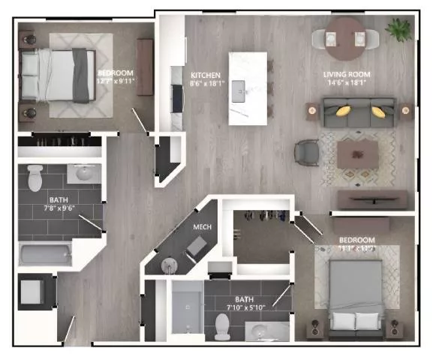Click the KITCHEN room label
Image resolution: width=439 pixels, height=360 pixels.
[x=206, y=75]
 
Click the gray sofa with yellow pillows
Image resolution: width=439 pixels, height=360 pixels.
[x=358, y=113]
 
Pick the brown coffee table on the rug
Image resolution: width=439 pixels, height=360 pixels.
[x=356, y=154]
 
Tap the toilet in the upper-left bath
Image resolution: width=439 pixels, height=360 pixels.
[x=35, y=178]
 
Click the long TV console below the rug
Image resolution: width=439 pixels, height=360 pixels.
[x=372, y=199]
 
